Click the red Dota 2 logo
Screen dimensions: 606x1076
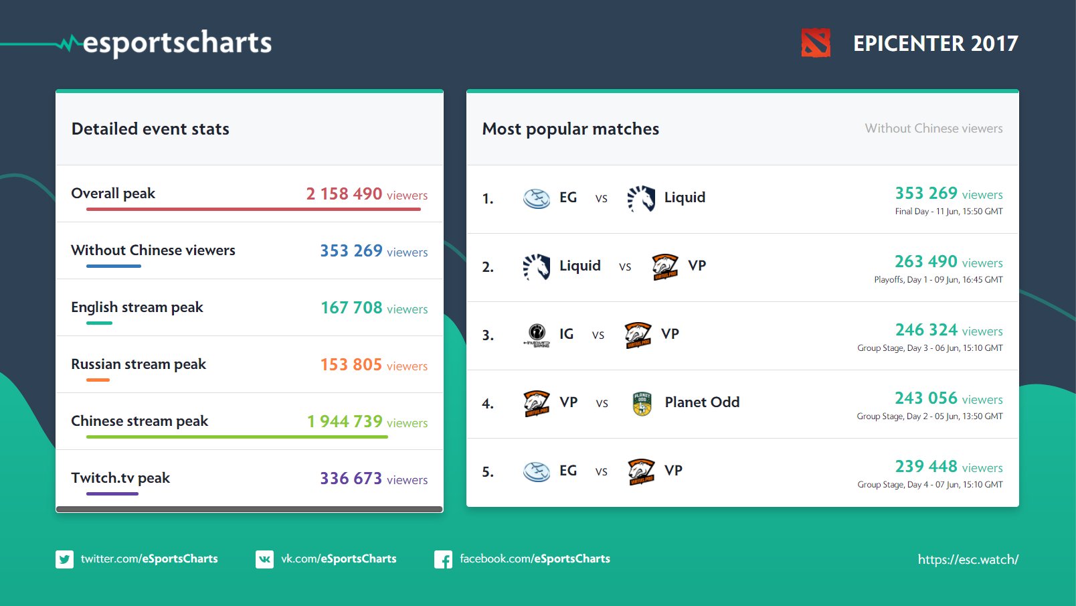tap(816, 43)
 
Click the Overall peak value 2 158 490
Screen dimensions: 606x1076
tap(344, 194)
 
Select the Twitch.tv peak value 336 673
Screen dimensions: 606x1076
tap(351, 478)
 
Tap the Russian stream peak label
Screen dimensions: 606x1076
tap(139, 364)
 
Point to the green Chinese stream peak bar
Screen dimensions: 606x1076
tap(237, 437)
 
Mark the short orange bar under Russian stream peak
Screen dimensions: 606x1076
tap(98, 380)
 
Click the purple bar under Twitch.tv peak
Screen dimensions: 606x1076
tap(112, 494)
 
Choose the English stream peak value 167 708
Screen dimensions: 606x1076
tap(351, 307)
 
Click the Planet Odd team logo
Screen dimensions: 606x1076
tap(642, 403)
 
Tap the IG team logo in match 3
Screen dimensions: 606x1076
tap(537, 334)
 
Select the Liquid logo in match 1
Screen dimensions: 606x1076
tap(641, 198)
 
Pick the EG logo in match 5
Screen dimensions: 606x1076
tap(537, 471)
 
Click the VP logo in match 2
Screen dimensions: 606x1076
tap(665, 267)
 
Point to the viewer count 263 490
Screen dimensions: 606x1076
tap(925, 261)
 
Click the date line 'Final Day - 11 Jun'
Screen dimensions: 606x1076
tap(948, 212)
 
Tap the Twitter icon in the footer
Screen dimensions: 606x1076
tap(65, 559)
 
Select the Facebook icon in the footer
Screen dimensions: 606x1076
tap(443, 559)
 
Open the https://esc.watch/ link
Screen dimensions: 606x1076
tap(968, 559)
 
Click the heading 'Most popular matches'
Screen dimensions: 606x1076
tap(570, 129)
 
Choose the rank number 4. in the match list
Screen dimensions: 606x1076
tap(488, 404)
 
